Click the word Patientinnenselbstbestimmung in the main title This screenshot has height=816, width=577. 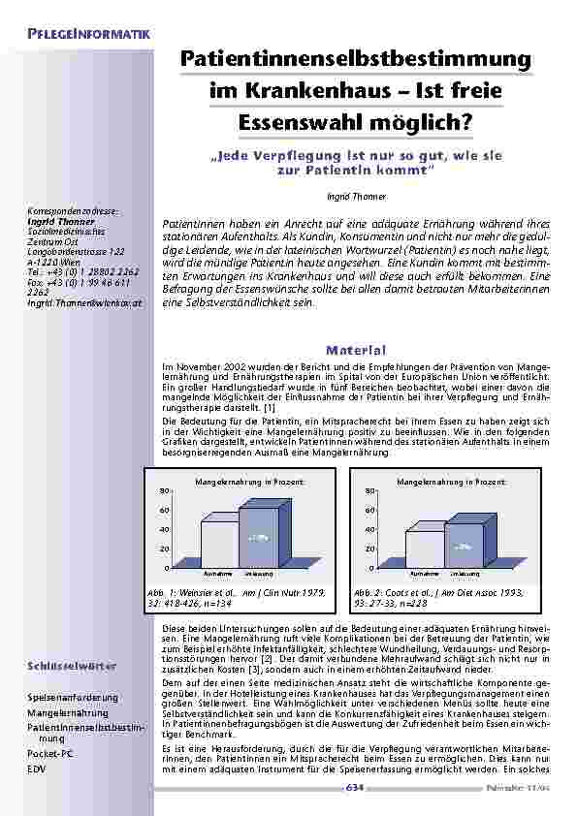point(357,60)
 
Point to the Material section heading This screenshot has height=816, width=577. point(357,350)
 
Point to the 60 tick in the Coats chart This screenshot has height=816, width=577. point(371,510)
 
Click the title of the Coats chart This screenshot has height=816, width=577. point(452,481)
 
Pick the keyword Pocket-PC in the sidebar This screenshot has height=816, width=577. point(52,751)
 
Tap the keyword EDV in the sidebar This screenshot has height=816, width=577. point(36,766)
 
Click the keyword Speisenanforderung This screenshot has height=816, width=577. point(73,697)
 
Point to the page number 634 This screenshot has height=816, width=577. point(357,788)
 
